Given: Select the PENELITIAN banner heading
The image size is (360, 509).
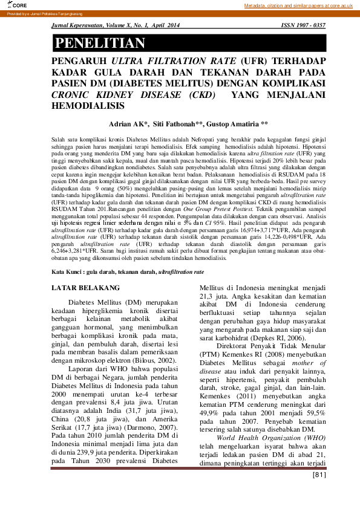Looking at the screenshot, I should coord(100,43).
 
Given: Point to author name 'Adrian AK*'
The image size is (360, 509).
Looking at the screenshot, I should coord(128,124).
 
